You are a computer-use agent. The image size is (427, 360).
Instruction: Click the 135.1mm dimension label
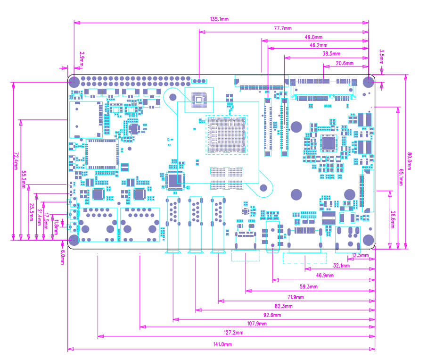click(219, 19)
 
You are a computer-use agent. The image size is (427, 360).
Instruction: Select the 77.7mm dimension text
click(283, 28)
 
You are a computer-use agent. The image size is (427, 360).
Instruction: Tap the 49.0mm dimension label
click(313, 37)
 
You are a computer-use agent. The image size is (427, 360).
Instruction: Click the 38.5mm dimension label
click(331, 54)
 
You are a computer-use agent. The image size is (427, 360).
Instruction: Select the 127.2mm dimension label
click(233, 333)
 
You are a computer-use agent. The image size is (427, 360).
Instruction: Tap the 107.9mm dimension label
click(257, 324)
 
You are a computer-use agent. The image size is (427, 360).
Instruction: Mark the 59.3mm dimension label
click(308, 286)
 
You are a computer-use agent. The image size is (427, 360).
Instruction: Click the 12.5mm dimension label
click(361, 255)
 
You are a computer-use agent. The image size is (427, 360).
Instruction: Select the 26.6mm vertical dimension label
click(393, 220)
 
